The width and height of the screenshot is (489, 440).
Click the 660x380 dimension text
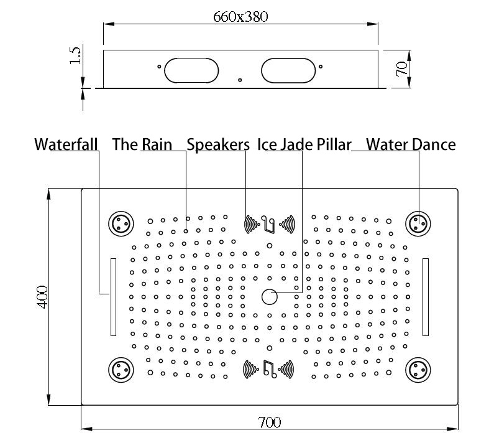coord(240,17)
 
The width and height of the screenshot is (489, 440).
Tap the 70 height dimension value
coord(401,68)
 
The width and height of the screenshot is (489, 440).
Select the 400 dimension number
coord(42,297)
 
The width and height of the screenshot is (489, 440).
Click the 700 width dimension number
coord(270,422)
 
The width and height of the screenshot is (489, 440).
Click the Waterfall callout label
coord(66,144)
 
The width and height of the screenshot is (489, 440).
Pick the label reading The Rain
coord(142,144)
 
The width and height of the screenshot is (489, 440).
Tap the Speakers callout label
coord(218,144)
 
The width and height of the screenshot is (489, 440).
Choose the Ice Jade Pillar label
coord(304,144)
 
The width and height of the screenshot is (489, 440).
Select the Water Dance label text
coord(411,144)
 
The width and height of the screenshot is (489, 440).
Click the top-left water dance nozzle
coord(121,223)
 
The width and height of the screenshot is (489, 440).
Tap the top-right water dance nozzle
coord(418,223)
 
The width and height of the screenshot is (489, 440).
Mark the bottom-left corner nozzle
coord(121,370)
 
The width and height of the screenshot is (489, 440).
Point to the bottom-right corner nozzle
coord(418,370)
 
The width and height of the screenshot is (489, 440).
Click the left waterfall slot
coord(114,297)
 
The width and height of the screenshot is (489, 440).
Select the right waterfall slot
coord(426,297)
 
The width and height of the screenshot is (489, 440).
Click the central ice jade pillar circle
coord(270,297)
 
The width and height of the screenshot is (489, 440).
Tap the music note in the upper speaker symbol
coord(268,223)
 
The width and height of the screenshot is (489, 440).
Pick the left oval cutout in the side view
coord(191,70)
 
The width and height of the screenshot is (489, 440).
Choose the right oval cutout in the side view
coord(288,70)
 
